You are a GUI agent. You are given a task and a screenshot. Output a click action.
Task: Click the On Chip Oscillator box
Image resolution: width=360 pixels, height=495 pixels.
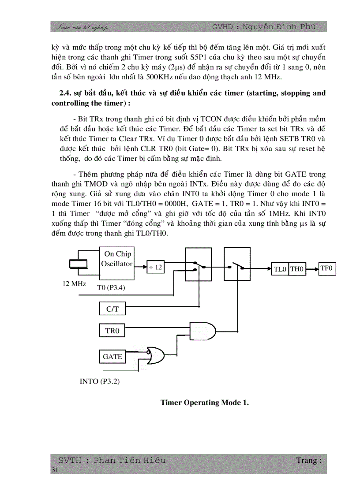[117, 263]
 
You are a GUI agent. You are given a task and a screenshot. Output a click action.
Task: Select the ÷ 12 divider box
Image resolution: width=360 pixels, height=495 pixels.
[156, 267]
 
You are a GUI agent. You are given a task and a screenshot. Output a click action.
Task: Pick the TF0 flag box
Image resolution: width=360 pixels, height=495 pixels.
[327, 268]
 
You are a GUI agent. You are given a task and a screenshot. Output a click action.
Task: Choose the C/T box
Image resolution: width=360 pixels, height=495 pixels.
[112, 309]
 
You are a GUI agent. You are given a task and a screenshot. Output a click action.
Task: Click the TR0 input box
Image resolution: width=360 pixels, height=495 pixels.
[112, 331]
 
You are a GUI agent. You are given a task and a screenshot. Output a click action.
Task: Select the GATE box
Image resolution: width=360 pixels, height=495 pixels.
[112, 357]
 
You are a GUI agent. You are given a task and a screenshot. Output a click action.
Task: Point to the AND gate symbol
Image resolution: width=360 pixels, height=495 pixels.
[202, 330]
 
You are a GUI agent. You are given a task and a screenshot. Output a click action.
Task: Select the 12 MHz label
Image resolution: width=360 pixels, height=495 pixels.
[74, 283]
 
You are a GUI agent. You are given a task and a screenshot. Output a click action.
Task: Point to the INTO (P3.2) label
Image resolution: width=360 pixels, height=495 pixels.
[100, 381]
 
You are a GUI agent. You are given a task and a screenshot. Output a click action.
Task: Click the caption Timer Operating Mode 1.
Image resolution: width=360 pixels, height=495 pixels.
[205, 402]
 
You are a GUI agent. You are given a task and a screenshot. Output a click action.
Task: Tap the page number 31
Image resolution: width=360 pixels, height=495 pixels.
[55, 470]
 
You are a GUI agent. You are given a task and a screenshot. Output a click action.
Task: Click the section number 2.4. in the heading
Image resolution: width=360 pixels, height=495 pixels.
[65, 93]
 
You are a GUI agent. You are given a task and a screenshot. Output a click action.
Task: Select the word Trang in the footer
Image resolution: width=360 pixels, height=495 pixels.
[307, 460]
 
